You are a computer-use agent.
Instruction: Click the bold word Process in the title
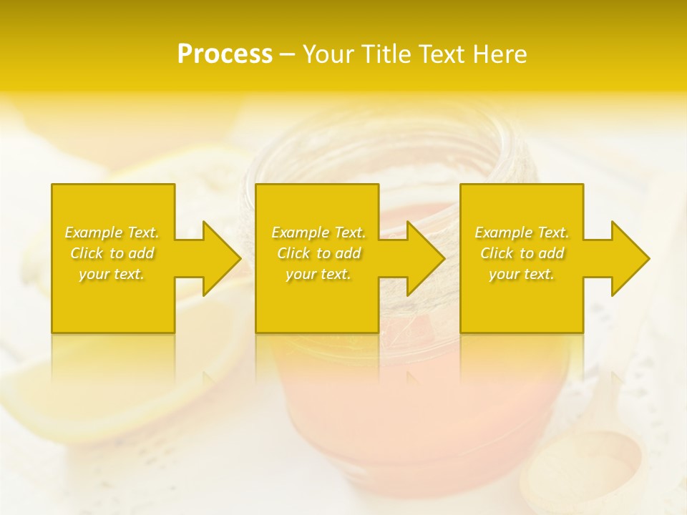click(225, 54)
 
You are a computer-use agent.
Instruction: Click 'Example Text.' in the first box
click(112, 232)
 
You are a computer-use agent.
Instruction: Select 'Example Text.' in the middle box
click(318, 232)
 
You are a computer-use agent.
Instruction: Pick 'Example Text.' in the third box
click(522, 232)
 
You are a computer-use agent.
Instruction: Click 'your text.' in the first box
click(112, 274)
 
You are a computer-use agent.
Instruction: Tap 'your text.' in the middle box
click(318, 274)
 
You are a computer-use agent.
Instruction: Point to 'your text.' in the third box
click(522, 274)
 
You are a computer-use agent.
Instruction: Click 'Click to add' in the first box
click(112, 253)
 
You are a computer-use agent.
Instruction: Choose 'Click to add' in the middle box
click(318, 253)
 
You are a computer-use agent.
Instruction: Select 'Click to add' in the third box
click(522, 253)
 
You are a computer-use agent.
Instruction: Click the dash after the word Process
click(287, 55)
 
